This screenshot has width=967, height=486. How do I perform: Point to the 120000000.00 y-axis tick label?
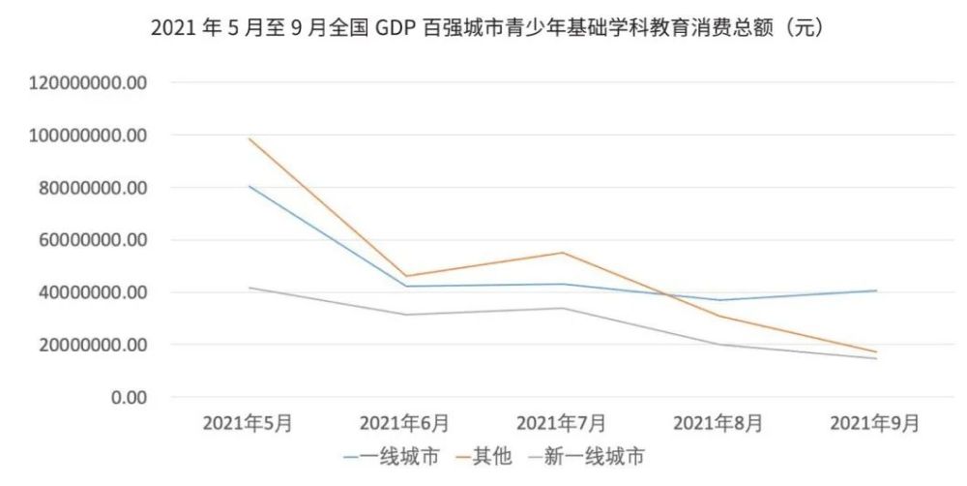click(x=88, y=83)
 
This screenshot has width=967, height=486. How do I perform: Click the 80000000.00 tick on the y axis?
click(x=88, y=188)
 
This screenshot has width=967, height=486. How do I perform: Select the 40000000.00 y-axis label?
click(x=88, y=292)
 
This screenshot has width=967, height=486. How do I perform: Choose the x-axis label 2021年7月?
click(x=562, y=423)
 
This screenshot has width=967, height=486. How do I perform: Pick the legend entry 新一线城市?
click(x=589, y=454)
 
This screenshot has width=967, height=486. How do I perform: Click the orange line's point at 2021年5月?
click(x=249, y=138)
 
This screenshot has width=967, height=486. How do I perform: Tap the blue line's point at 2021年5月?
click(x=249, y=186)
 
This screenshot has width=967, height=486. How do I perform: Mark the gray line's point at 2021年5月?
click(x=249, y=288)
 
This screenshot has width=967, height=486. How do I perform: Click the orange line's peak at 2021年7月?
click(x=562, y=253)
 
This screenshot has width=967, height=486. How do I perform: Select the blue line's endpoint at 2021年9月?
click(x=876, y=290)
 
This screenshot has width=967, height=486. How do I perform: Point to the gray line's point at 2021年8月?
click(x=719, y=345)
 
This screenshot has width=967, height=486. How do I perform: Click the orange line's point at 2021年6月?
click(x=405, y=276)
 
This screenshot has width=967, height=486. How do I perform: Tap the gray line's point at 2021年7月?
click(x=562, y=308)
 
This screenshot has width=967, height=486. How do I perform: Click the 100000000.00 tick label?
click(x=88, y=136)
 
